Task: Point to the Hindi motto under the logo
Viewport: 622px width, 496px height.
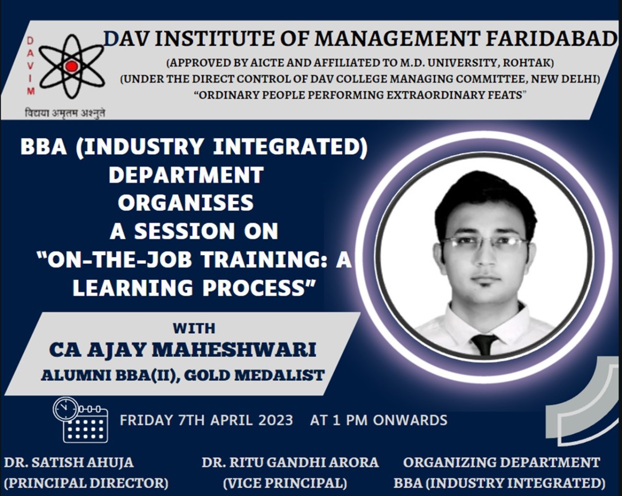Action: [x=65, y=112]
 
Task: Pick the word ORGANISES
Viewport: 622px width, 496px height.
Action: [x=186, y=203]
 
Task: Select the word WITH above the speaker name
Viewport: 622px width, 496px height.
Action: [x=194, y=329]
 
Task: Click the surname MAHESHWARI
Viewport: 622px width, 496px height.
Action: [x=234, y=350]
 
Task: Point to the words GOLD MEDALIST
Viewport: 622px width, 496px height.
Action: [x=254, y=375]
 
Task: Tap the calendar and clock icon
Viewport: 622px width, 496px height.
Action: [x=80, y=420]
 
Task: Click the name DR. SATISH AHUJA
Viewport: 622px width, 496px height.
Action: [x=69, y=462]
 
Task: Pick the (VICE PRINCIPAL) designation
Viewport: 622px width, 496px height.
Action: [x=285, y=483]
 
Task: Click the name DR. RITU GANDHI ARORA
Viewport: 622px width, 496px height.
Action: [x=290, y=462]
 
